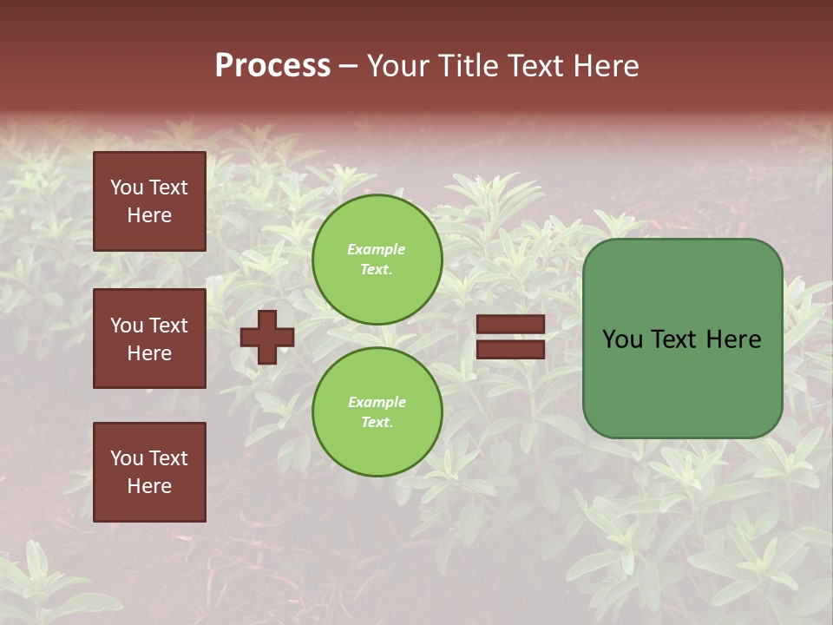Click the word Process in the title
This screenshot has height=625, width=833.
pos(272,65)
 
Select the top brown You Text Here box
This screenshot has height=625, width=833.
pos(149,201)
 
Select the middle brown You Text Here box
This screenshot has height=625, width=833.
pos(149,339)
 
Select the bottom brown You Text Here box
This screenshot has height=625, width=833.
pos(149,471)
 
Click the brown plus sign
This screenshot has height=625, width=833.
pos(266,337)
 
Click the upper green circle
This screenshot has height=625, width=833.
pos(377,259)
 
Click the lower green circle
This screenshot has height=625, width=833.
pos(377,411)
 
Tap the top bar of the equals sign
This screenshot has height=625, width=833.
pos(510,324)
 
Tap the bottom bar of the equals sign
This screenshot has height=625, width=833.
pos(510,349)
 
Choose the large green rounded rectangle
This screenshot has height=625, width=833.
pos(682,339)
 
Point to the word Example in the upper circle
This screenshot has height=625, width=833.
pos(377,249)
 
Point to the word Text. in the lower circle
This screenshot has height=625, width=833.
pos(377,422)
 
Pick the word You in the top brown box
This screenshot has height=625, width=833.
pos(126,187)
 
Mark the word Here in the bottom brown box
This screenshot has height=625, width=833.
pos(149,486)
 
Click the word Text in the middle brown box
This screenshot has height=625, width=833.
pos(168,326)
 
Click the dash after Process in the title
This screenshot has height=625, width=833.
pos(348,65)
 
